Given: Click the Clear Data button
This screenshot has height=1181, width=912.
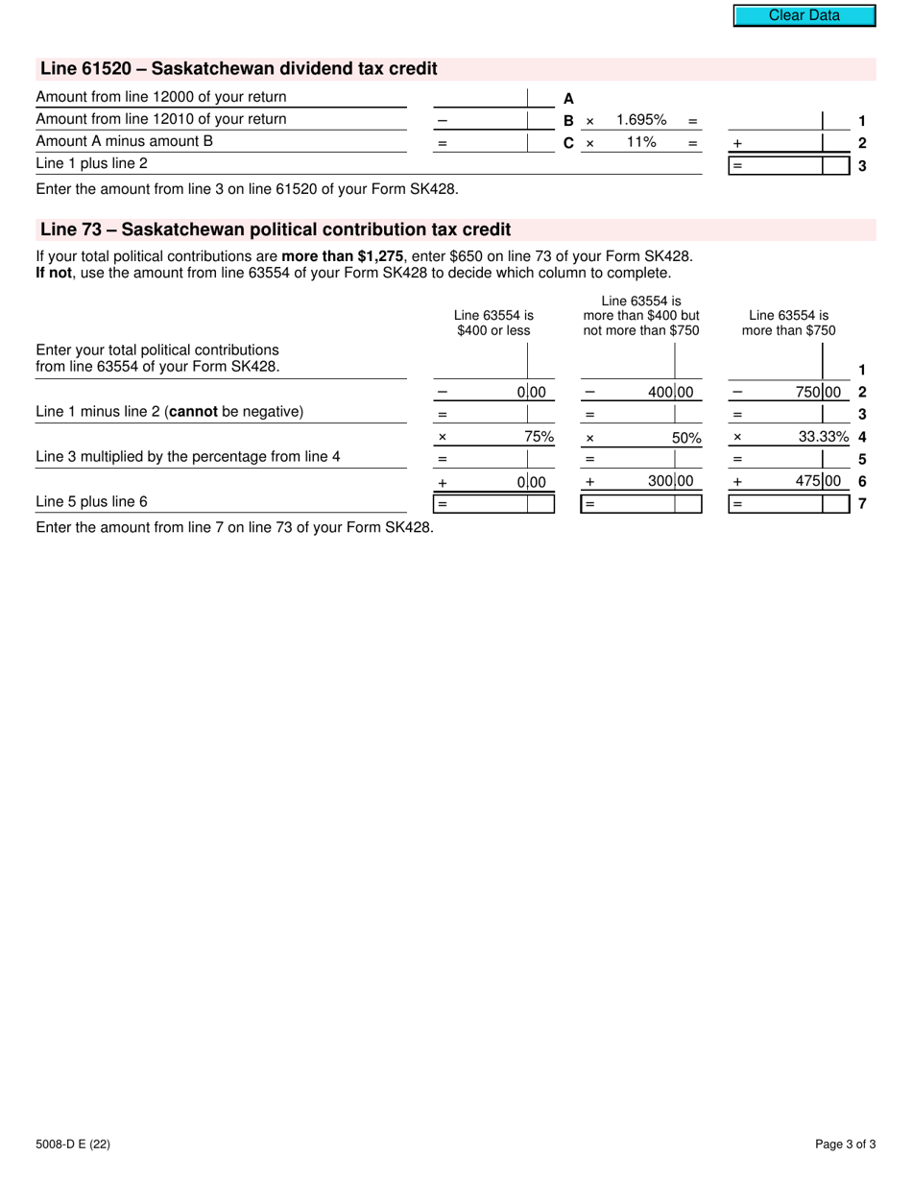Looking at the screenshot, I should pos(804,15).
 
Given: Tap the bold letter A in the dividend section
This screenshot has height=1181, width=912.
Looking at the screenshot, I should pos(568,98).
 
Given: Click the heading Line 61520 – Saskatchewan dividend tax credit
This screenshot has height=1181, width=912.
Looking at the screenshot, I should pos(238,69).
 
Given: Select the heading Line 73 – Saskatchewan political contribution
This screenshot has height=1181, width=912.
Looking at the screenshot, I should pos(276,230).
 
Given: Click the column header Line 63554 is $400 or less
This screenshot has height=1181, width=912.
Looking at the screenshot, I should pos(493,323).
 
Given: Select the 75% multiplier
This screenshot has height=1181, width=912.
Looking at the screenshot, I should pos(539,436).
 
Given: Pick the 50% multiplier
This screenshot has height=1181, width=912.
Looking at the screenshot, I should pos(685,438).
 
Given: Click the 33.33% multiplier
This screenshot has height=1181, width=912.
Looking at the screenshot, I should pos(824,436).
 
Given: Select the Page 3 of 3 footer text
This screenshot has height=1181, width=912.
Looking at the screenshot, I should pos(845,1144).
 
